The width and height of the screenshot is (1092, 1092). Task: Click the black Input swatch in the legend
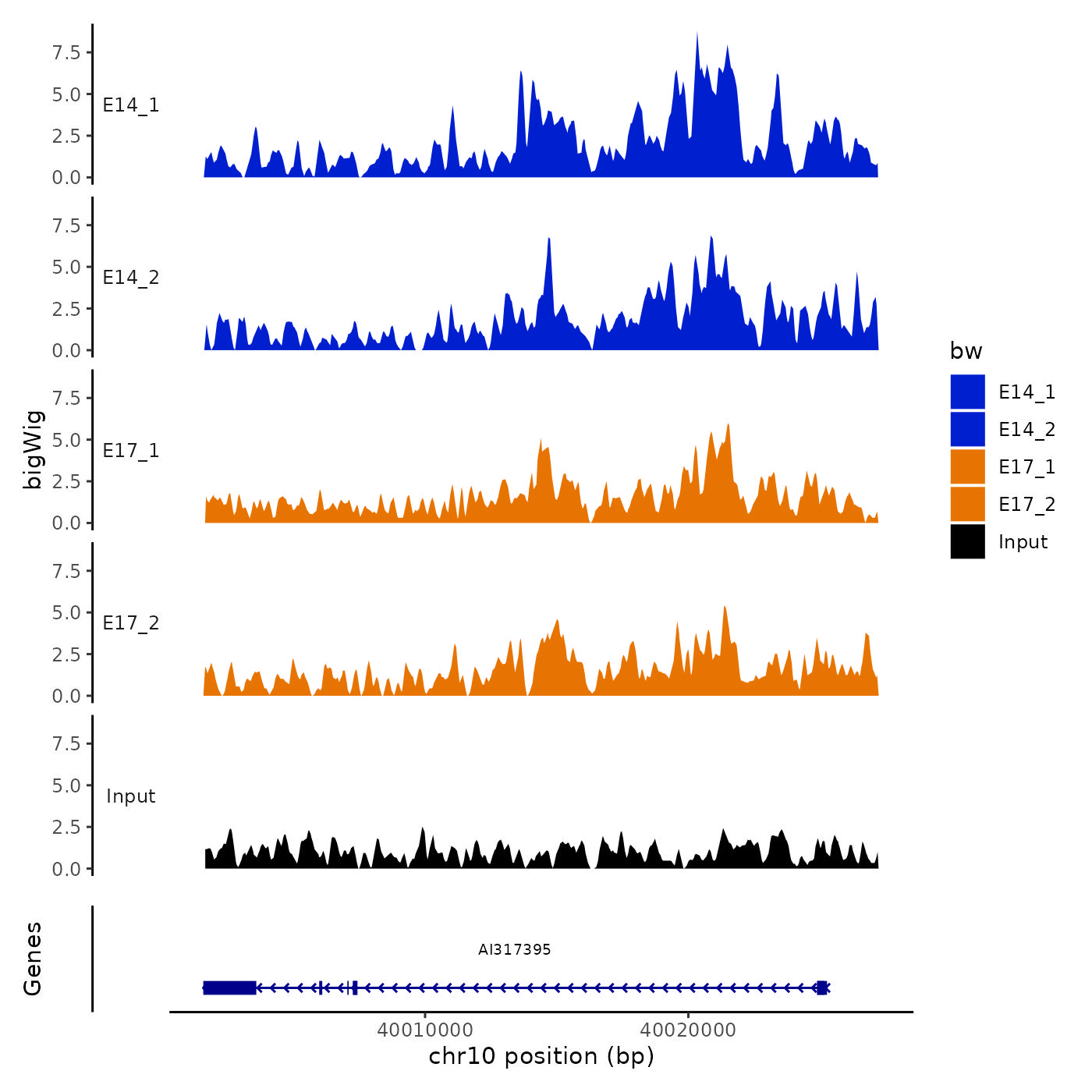[967, 541]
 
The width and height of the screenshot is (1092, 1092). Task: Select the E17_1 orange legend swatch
[967, 466]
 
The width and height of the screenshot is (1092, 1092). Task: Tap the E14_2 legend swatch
[967, 429]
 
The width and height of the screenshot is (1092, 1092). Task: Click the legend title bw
[966, 351]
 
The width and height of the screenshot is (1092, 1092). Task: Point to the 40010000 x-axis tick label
[425, 1030]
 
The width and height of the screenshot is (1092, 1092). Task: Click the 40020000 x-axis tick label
[688, 1030]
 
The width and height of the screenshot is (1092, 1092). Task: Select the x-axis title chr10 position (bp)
[541, 1056]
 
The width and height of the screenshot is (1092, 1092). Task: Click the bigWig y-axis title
[33, 449]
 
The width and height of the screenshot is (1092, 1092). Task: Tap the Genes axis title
[33, 959]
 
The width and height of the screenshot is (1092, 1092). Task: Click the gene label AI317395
[515, 949]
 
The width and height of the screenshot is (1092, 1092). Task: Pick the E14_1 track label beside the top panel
[131, 105]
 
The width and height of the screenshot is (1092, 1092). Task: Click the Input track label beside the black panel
[131, 796]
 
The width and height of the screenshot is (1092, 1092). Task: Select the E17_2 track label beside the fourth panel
[131, 623]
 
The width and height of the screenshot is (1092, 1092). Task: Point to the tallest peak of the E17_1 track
[728, 426]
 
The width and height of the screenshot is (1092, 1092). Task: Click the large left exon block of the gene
[229, 987]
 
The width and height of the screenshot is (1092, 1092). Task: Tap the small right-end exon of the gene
[821, 987]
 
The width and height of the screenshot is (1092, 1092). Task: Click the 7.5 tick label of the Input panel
[66, 743]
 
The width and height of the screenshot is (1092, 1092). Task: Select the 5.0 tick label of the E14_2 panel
[66, 267]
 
